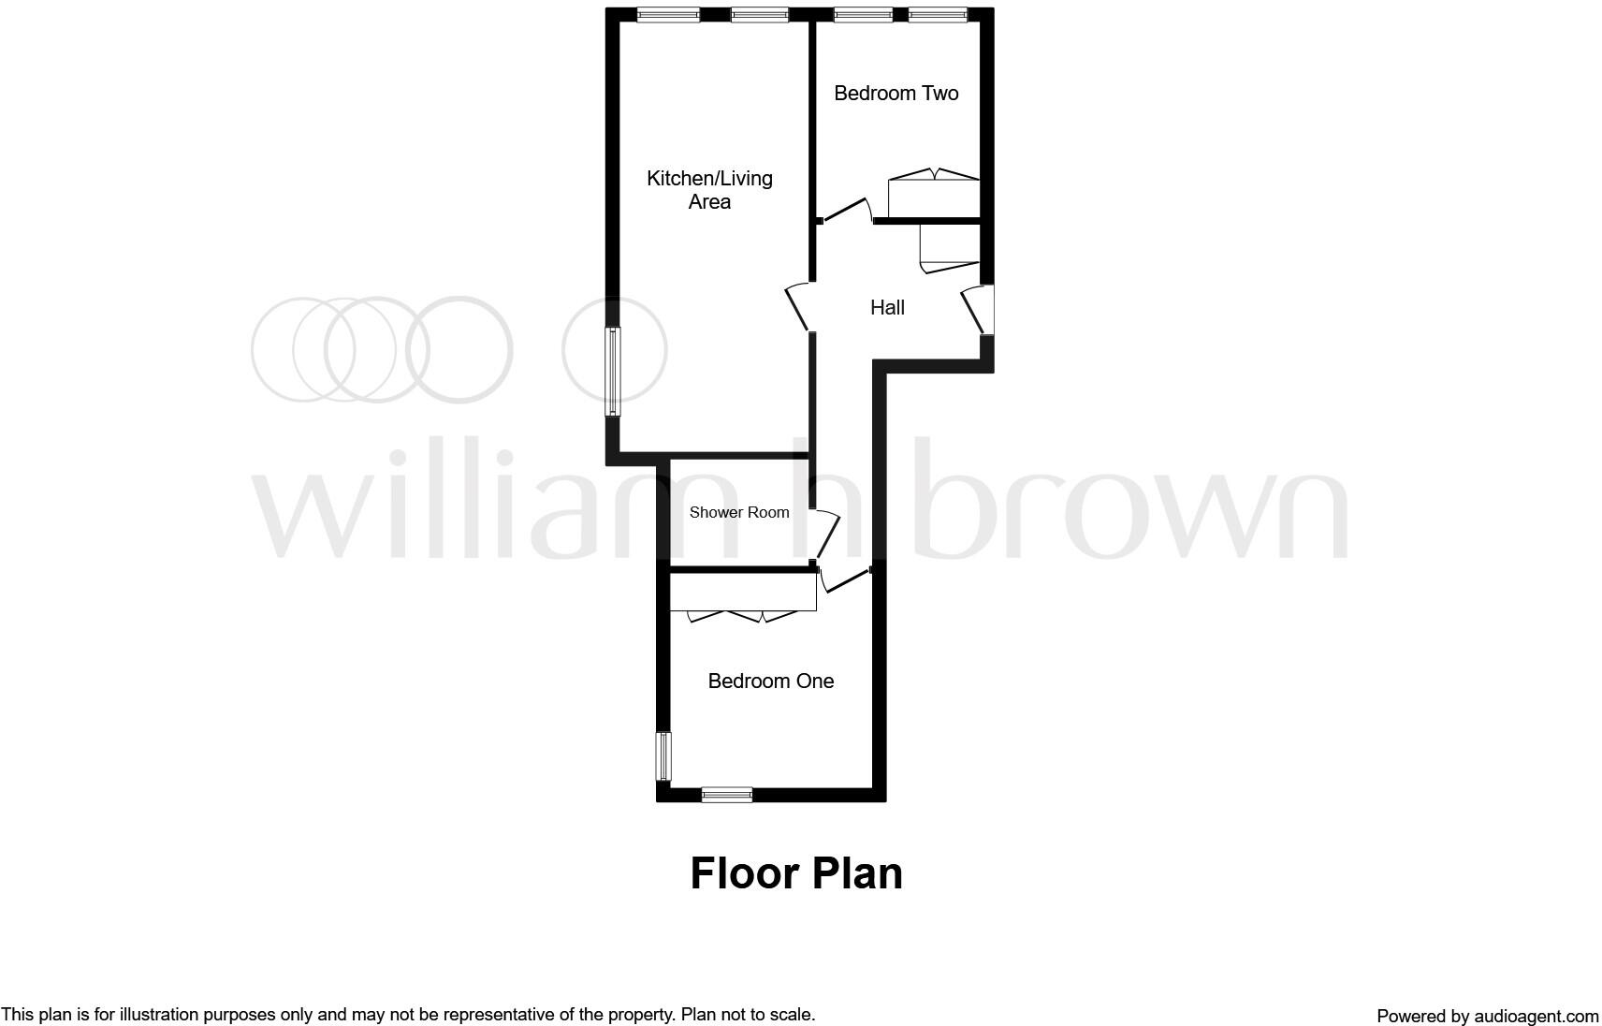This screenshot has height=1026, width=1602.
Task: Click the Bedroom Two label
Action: [896, 94]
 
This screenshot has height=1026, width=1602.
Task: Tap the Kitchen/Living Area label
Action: [709, 190]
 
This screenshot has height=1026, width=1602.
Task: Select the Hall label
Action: [887, 308]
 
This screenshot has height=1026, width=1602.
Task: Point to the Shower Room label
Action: [739, 513]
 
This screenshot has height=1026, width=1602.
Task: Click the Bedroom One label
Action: [770, 682]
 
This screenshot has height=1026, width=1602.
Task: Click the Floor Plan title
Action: [796, 873]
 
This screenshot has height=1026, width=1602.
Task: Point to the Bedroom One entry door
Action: [845, 581]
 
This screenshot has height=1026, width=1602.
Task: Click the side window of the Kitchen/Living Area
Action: [612, 371]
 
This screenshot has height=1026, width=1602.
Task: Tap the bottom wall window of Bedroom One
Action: [727, 795]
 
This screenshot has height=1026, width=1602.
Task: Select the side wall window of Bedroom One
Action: [663, 755]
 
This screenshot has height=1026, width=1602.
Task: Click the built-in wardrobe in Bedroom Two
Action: [933, 196]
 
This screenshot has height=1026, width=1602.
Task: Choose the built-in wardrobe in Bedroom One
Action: [743, 593]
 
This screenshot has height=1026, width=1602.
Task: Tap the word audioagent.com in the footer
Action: [1536, 1017]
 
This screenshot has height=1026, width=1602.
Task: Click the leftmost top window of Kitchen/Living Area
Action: [668, 14]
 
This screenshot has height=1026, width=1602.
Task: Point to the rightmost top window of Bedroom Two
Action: [938, 14]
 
